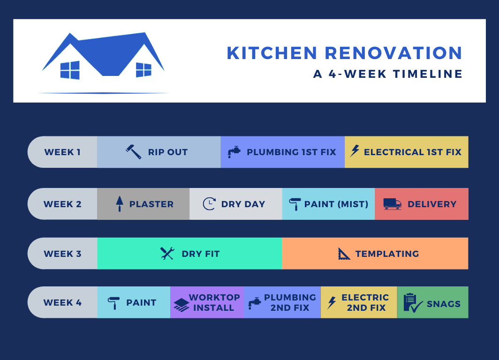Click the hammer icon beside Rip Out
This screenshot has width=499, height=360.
134,152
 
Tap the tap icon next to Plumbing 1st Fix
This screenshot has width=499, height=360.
234,152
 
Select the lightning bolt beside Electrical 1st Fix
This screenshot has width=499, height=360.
355,151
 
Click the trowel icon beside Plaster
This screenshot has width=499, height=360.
120,204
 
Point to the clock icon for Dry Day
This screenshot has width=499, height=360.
209,204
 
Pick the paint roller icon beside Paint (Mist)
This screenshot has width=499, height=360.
295,204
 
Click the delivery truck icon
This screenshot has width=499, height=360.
393,204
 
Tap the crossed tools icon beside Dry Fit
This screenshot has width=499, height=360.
167,254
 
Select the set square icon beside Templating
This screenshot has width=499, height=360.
344,254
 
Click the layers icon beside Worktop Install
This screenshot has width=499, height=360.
181,305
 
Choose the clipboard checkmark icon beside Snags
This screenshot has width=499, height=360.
413,303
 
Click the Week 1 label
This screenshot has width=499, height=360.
62,152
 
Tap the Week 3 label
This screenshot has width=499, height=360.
63,254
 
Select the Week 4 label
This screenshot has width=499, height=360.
63,302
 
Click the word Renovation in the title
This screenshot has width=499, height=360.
393,53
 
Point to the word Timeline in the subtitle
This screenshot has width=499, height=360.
428,74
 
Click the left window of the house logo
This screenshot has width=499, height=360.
70,70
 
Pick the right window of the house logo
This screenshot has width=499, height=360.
144,70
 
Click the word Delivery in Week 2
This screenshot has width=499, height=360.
432,204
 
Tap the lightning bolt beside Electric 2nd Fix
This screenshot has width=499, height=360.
332,302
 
